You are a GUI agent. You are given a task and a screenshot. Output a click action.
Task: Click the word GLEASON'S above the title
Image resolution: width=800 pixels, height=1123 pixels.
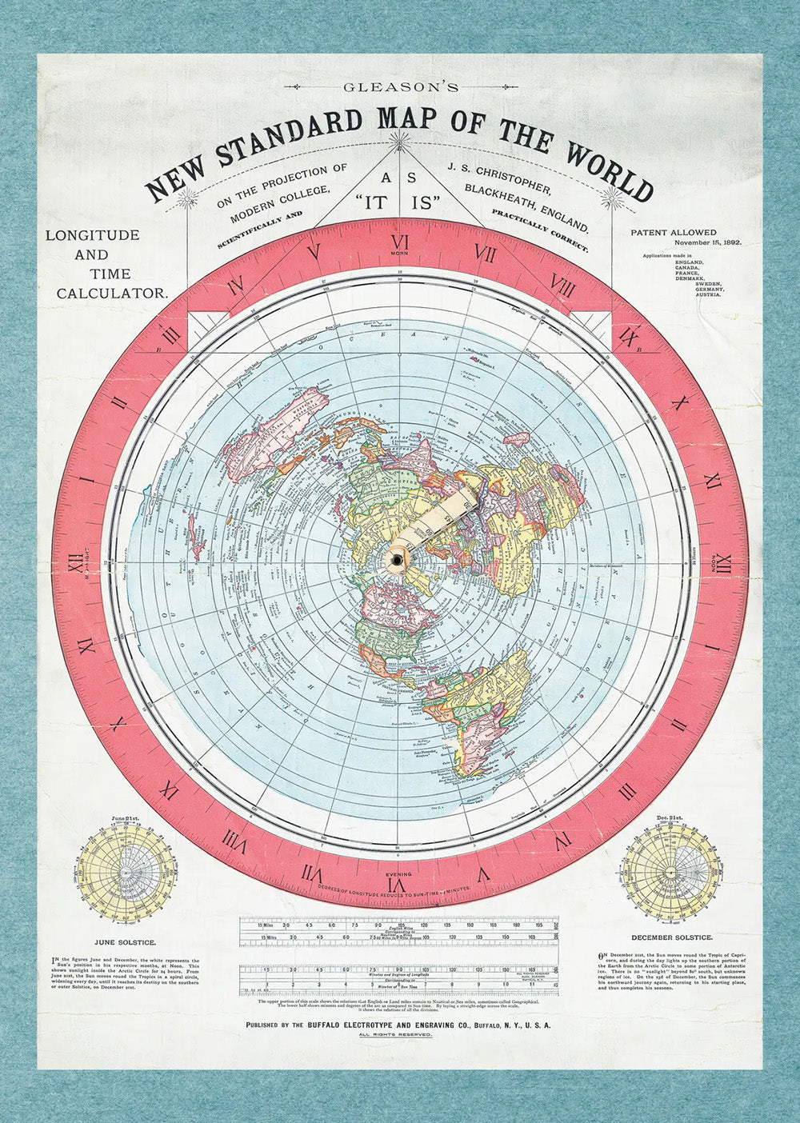pos(400,86)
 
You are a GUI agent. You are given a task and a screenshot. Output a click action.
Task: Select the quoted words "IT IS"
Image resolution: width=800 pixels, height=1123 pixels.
pos(399,203)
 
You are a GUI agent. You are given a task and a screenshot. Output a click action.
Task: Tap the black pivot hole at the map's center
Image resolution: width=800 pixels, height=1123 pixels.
pos(398,563)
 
